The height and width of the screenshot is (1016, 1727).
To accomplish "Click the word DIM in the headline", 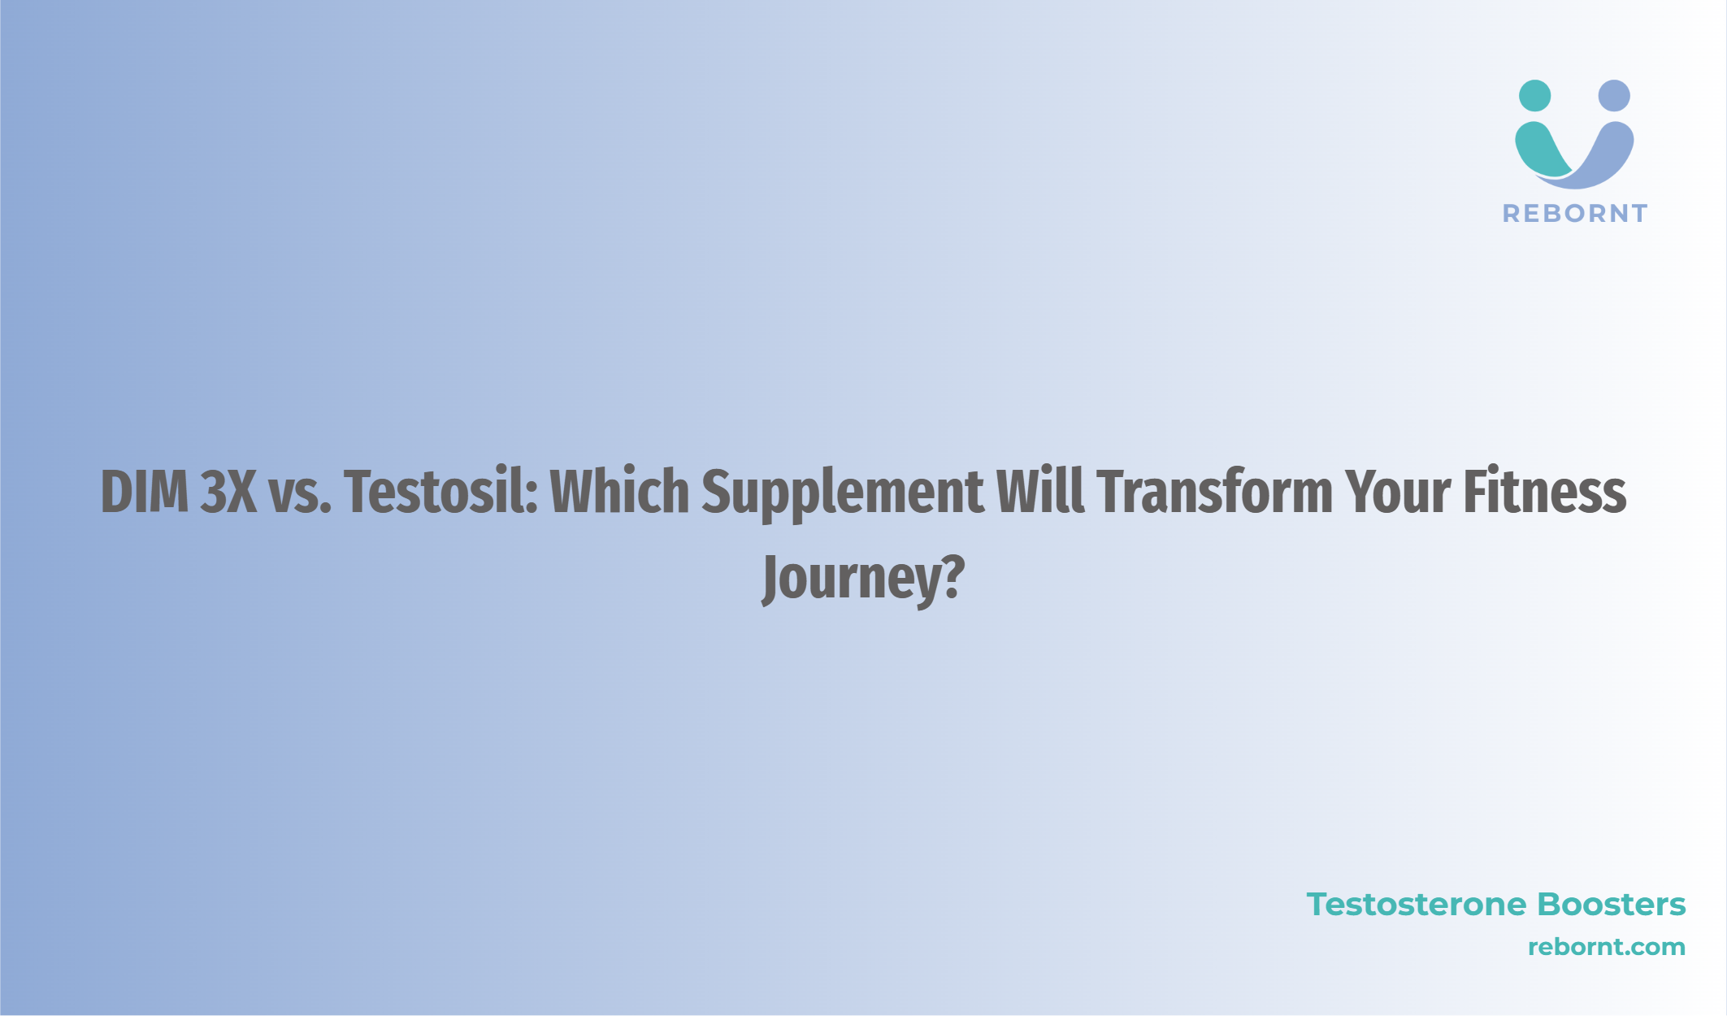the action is (145, 492).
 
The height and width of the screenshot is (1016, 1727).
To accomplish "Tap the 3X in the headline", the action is (228, 492).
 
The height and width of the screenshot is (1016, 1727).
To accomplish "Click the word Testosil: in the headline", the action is (441, 492).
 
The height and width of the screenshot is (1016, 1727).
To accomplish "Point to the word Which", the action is (620, 492).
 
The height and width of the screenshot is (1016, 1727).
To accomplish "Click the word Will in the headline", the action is (1040, 492).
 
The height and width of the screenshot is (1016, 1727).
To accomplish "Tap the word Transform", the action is (1215, 492).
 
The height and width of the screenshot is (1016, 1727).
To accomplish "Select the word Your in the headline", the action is (1398, 492).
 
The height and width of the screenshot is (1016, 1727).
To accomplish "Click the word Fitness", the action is (1545, 492).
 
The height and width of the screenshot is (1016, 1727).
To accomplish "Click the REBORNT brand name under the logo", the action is (1575, 214).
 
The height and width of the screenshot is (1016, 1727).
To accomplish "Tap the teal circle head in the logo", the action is (1534, 96).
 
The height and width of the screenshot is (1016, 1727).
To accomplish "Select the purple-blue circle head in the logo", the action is (1614, 96).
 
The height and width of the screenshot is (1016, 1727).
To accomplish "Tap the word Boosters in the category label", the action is (1612, 905).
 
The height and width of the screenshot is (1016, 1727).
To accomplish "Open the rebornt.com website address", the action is (1607, 947).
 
